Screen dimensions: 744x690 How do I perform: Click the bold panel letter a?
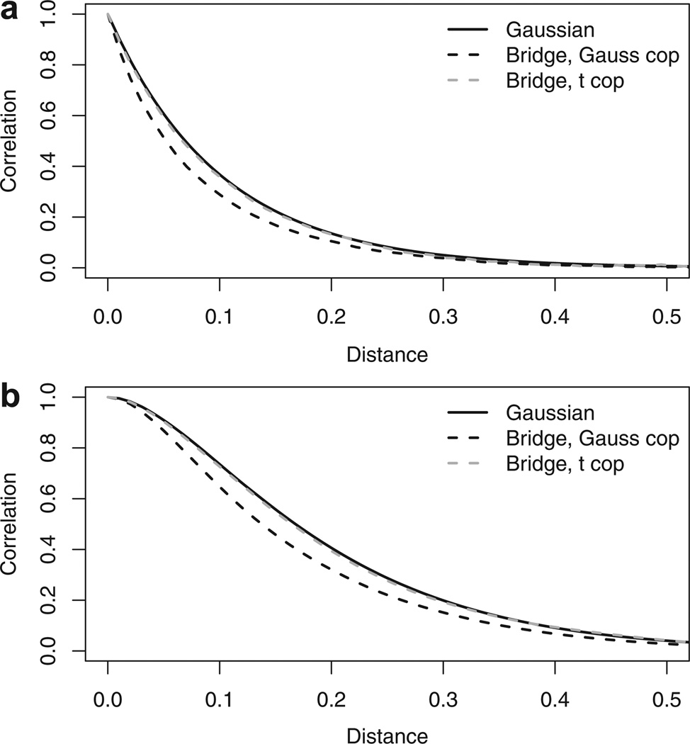tap(12, 13)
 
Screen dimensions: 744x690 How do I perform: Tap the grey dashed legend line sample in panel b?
tap(468, 463)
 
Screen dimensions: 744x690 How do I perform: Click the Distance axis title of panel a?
tap(387, 354)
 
